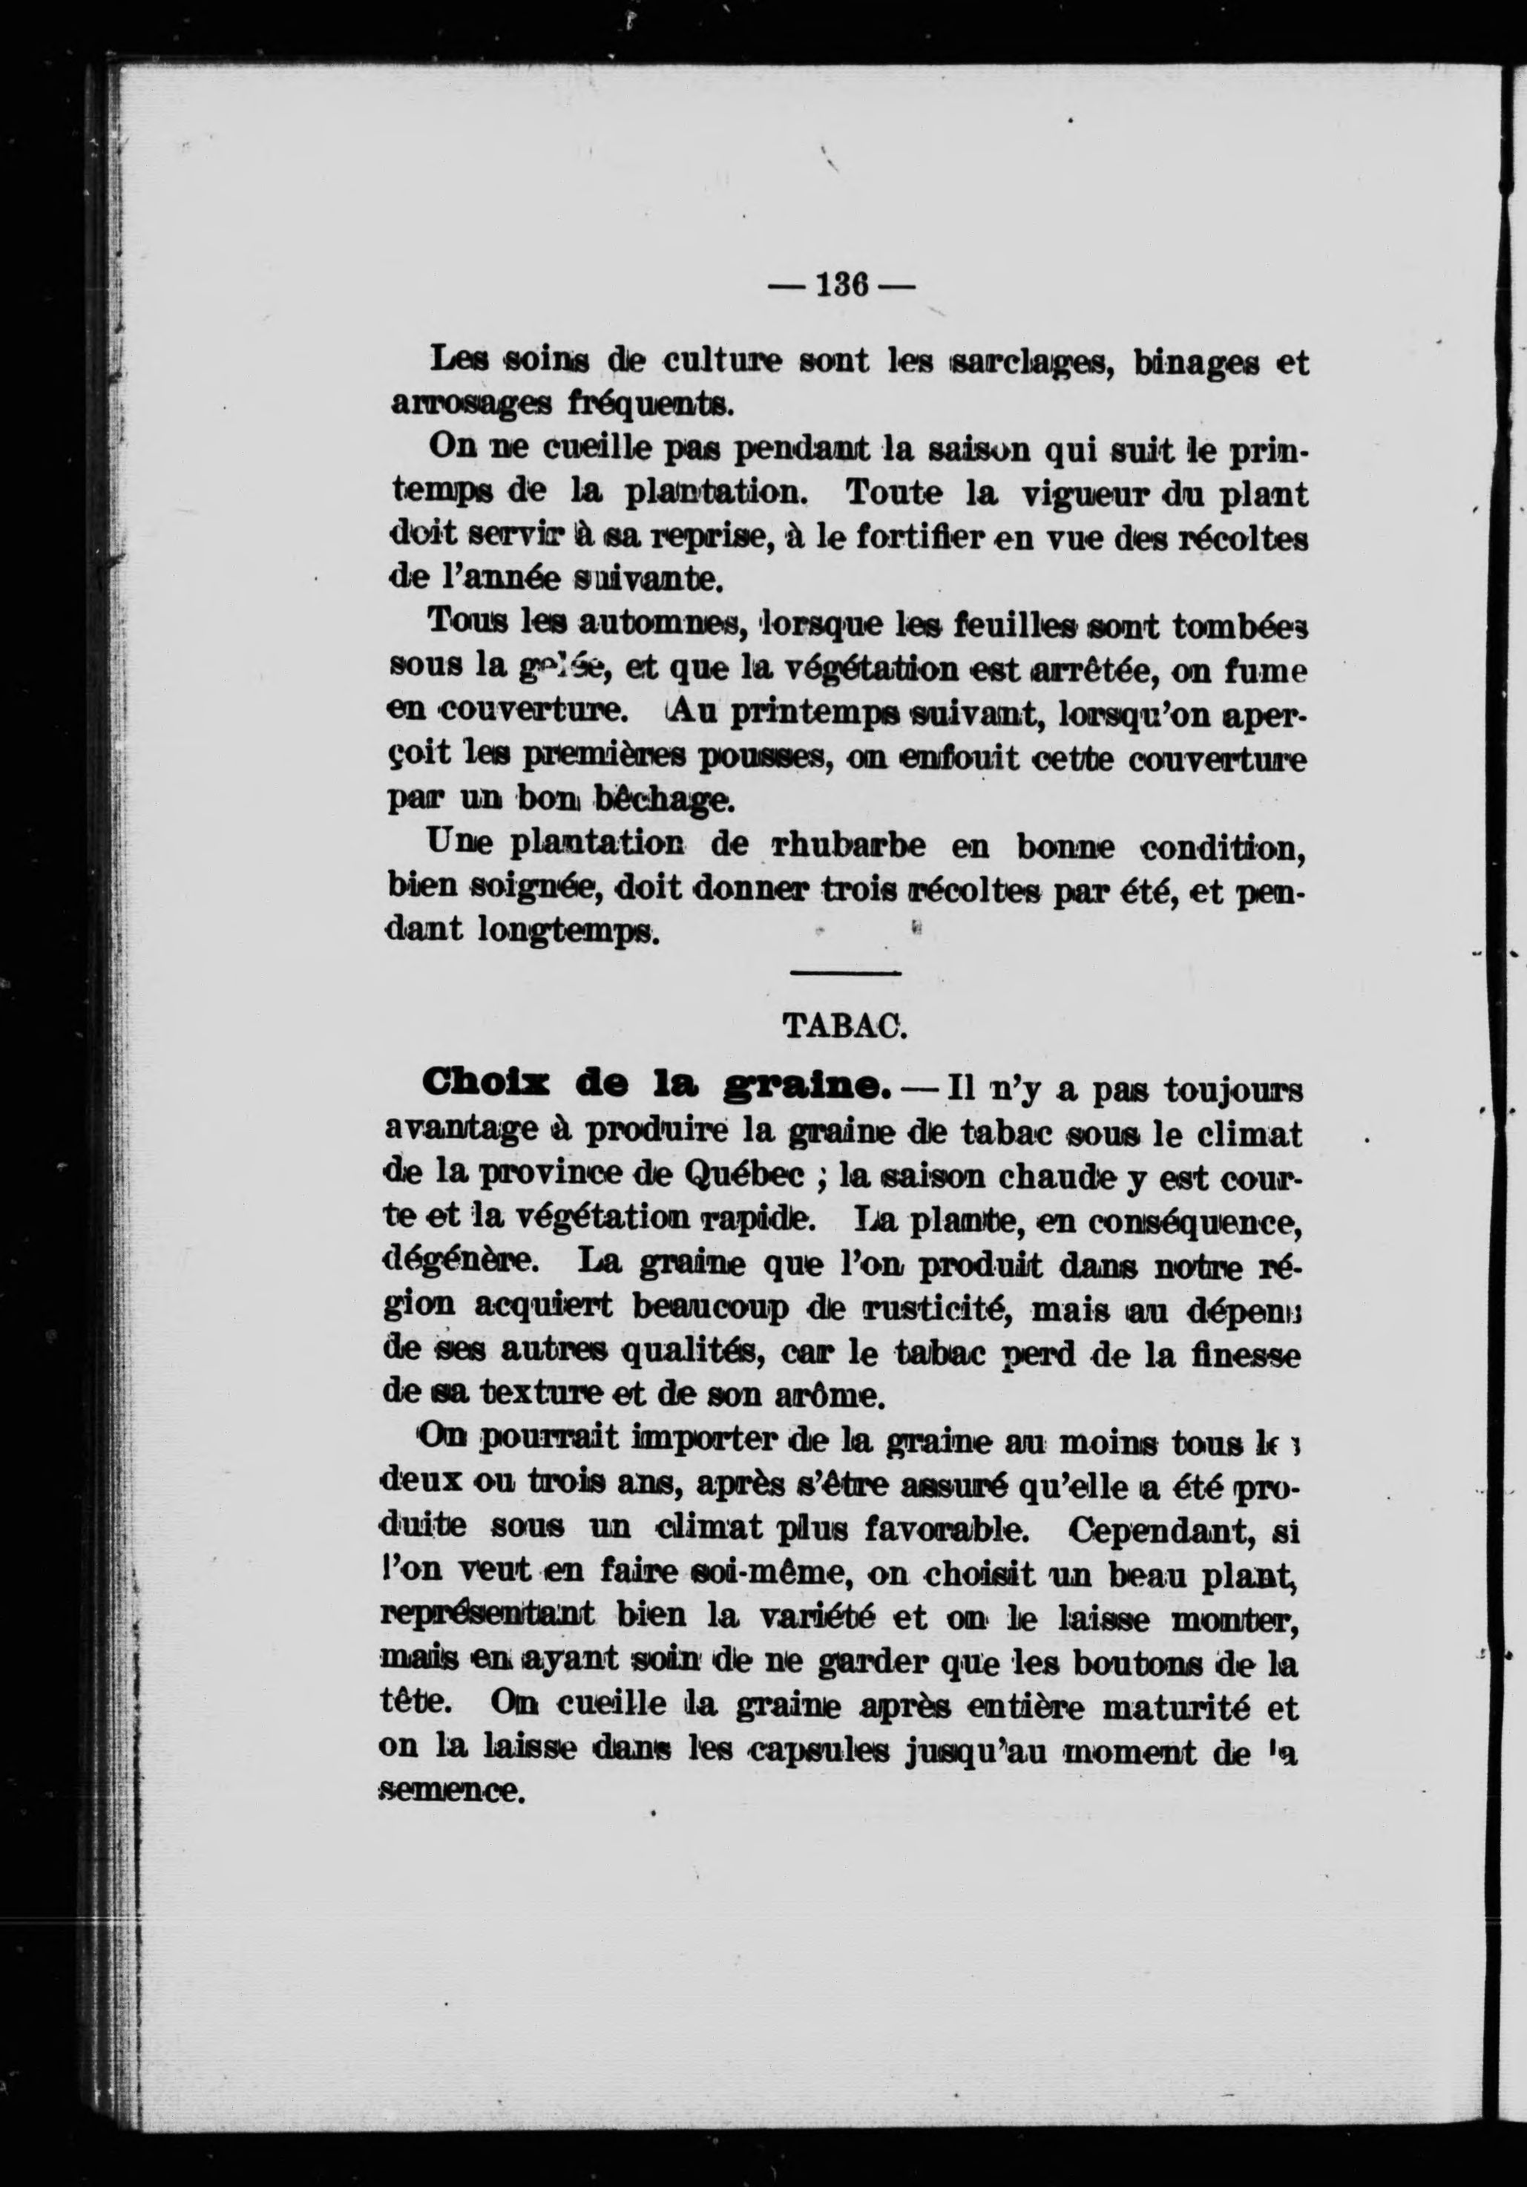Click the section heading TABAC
pos(843,1025)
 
